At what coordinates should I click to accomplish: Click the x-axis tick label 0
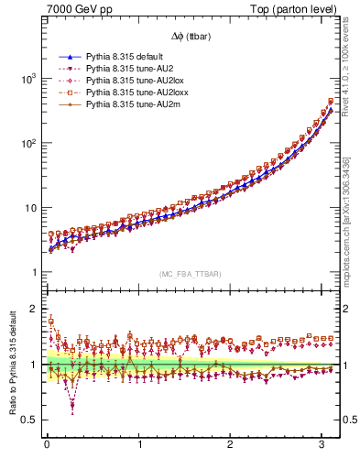47,446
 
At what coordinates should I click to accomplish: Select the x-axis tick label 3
323,446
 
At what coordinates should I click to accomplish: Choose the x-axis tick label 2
231,446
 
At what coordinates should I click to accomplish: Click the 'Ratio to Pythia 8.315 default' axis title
10,366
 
